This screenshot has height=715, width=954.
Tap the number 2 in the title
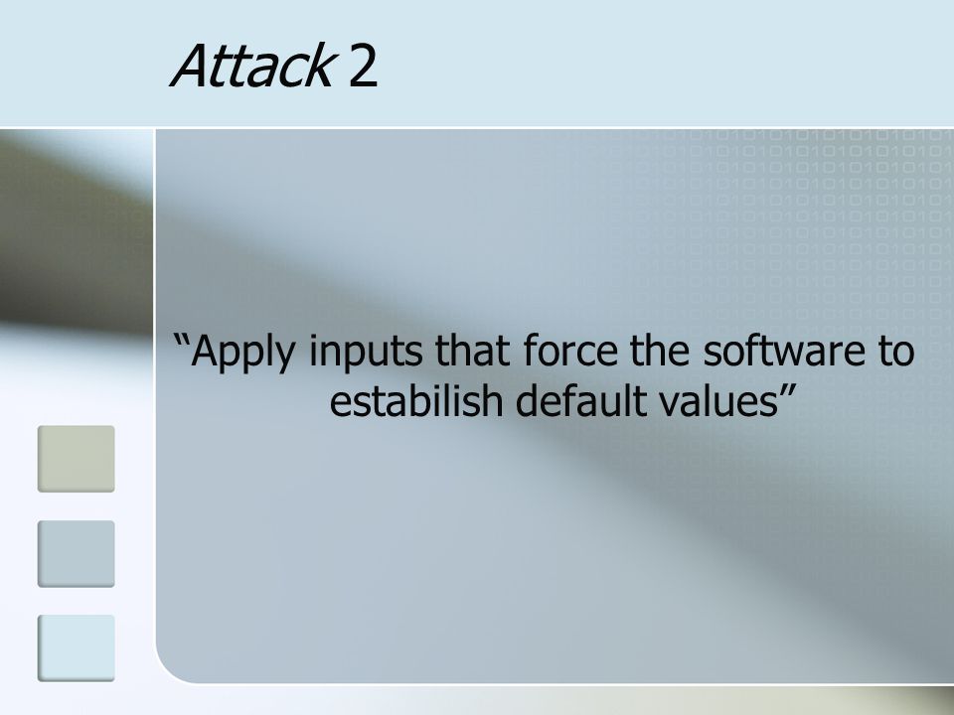click(x=364, y=67)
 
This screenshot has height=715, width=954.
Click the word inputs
click(x=365, y=354)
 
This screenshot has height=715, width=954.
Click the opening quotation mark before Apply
click(x=181, y=341)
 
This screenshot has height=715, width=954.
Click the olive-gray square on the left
click(x=77, y=459)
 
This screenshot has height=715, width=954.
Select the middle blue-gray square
click(x=77, y=554)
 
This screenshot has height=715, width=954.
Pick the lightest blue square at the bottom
click(x=77, y=648)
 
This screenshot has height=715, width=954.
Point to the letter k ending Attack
click(x=321, y=66)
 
